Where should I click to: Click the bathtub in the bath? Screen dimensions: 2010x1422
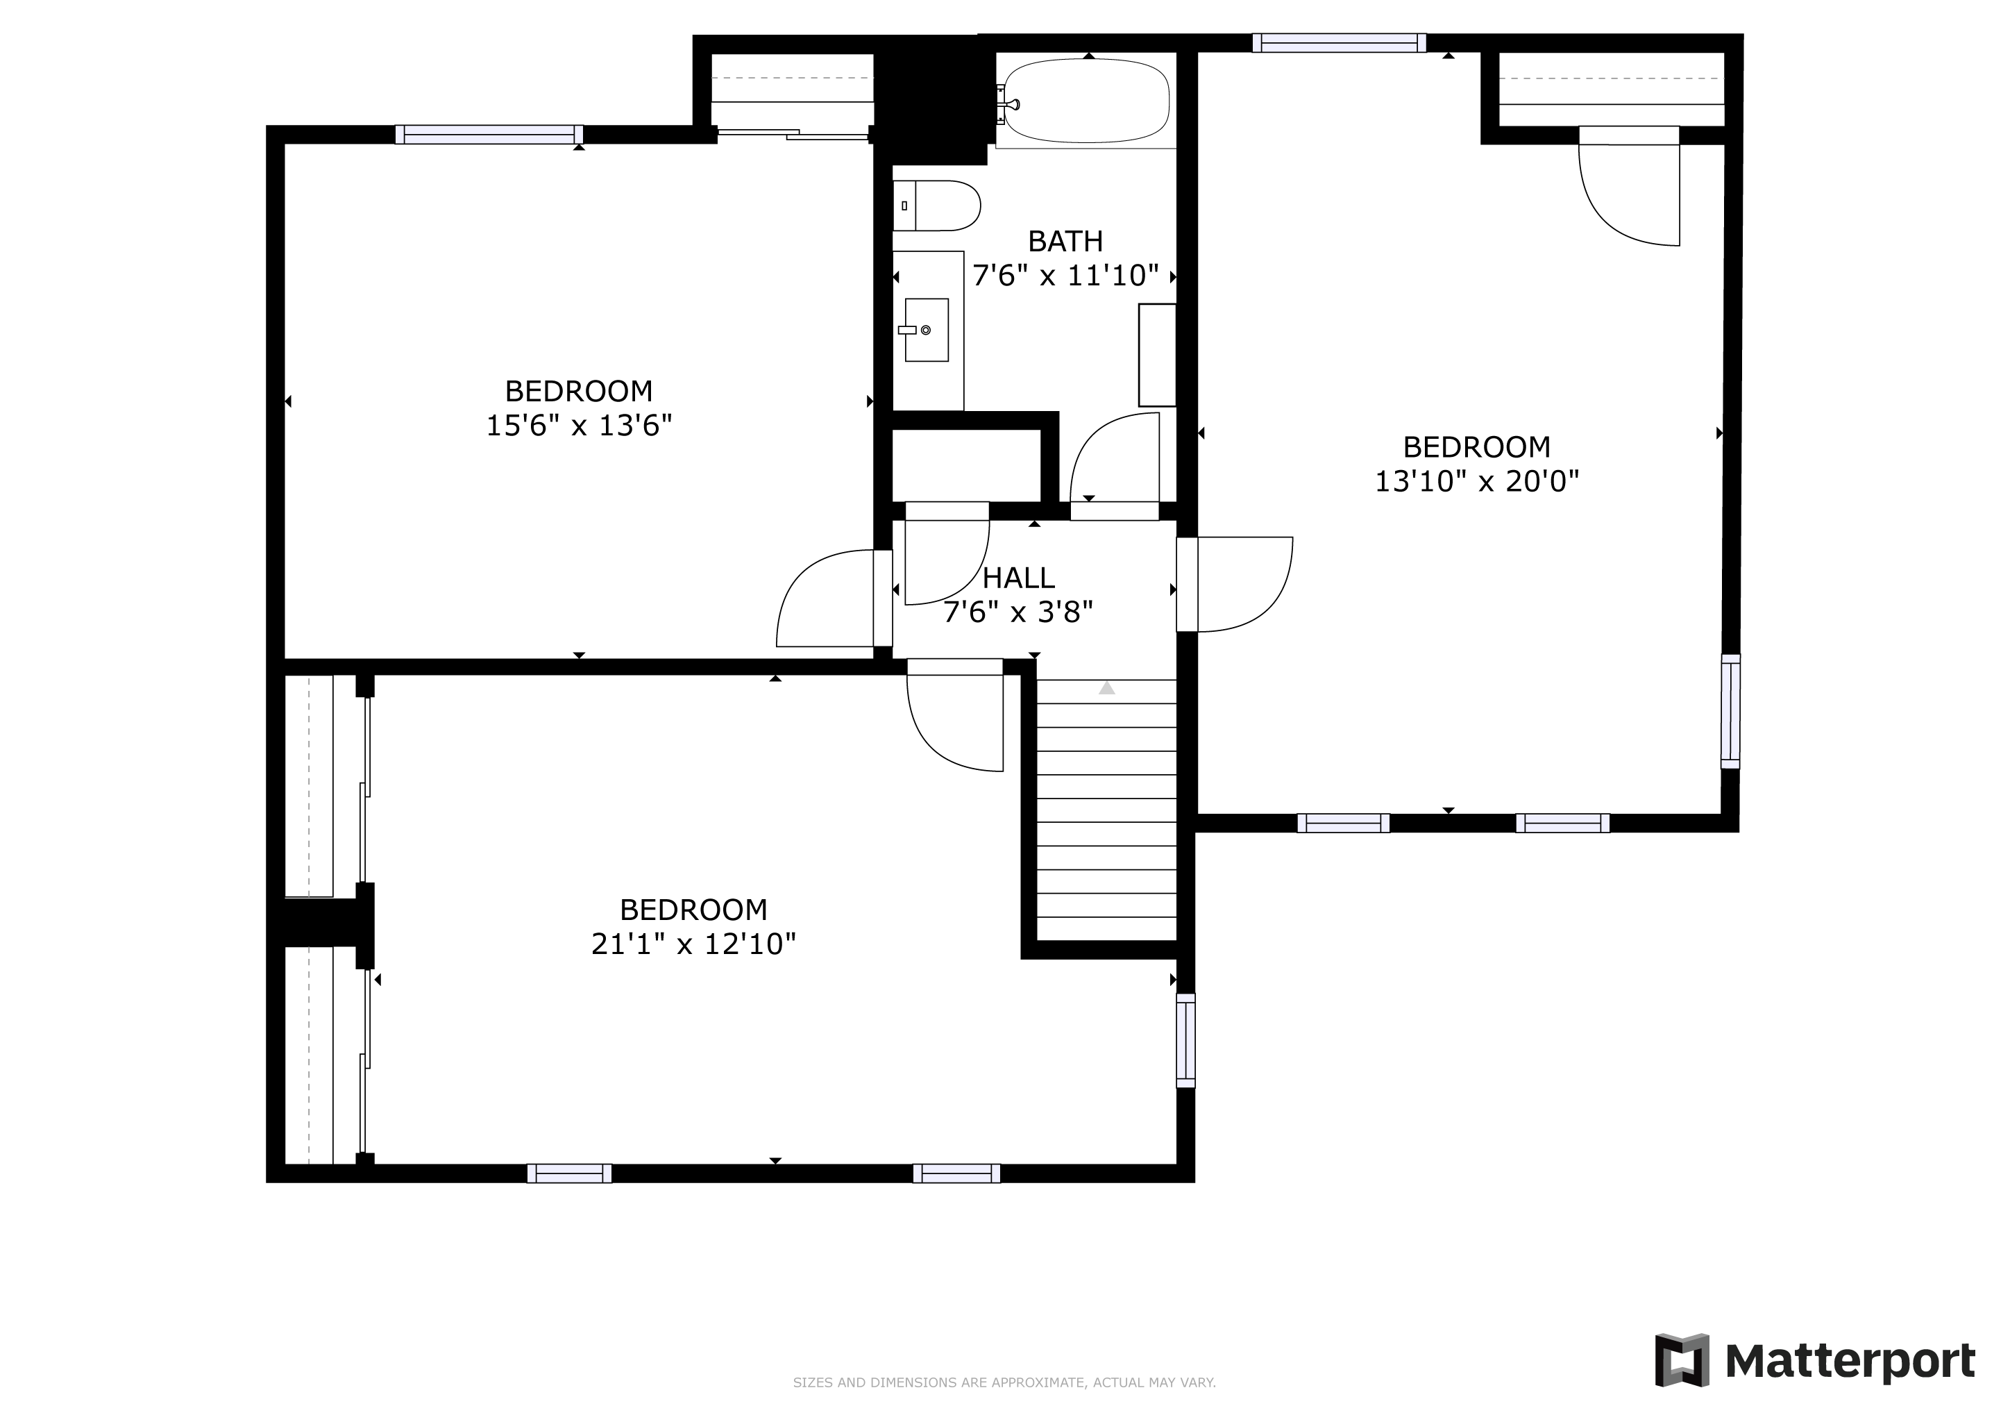1086,101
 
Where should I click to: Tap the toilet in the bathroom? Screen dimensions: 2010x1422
936,206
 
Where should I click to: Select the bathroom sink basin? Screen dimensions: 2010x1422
926,330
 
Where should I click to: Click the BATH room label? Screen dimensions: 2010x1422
1065,241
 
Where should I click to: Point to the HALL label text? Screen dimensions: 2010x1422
1018,578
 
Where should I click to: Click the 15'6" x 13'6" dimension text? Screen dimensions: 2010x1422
579,426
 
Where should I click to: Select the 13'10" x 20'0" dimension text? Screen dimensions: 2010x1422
1477,480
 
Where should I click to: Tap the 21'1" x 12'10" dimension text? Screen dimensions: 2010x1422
693,944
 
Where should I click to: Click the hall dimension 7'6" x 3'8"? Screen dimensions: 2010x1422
1018,612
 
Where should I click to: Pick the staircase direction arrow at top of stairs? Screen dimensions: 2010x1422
1106,688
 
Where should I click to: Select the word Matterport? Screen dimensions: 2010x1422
1850,1362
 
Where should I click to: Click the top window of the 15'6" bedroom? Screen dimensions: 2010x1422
489,134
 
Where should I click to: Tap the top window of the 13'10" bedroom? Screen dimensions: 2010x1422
1339,43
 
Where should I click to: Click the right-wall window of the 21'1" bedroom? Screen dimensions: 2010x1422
1185,1040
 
